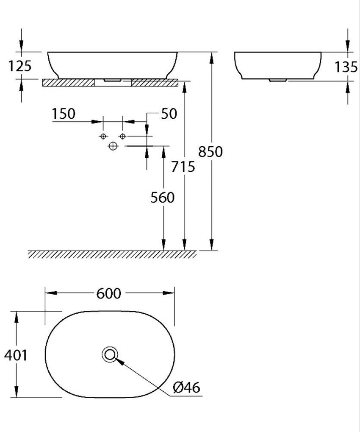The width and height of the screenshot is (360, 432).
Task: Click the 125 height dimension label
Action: pos(20,66)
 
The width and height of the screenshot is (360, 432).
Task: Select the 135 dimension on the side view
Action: pos(346,67)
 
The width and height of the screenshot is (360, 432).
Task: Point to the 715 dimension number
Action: pos(183,167)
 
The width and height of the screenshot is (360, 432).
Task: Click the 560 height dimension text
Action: pos(162,198)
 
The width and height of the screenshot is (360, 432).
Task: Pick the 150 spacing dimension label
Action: pos(64,114)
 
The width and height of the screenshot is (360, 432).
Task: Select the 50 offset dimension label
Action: pos(169,114)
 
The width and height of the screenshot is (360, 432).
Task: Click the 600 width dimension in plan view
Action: pos(108,293)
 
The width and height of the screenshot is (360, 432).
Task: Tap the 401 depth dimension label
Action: pos(16,355)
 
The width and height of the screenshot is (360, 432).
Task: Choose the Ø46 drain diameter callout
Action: pos(186,387)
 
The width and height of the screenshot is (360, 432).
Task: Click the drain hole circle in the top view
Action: pos(110,354)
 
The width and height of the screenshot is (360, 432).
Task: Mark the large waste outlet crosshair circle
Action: pos(113,146)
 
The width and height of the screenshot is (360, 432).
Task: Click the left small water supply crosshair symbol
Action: pos(102,136)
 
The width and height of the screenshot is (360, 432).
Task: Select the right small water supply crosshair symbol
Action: pos(122,136)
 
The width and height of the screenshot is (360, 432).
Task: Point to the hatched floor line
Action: pos(112,254)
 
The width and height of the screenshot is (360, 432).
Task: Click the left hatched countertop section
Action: pos(68,83)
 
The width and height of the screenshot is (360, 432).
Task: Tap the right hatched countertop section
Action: pos(155,83)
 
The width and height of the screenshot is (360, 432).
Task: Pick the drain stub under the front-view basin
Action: pos(113,79)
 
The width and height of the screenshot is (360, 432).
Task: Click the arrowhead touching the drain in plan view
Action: pos(119,361)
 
